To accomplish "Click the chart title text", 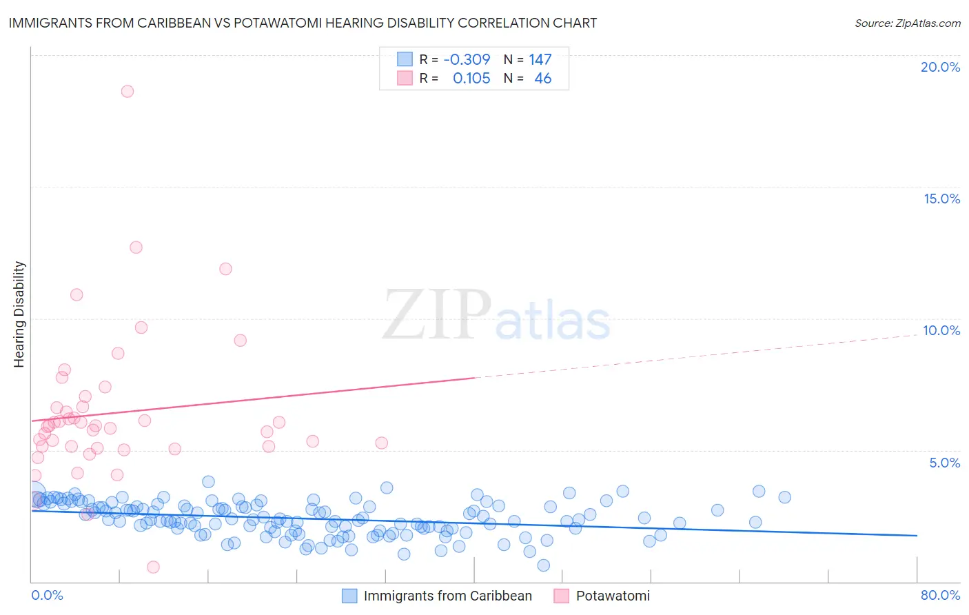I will (x=303, y=23).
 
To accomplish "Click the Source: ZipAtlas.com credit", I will (x=907, y=23).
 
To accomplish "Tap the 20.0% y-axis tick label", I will (x=940, y=67).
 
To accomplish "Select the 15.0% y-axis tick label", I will (x=941, y=199).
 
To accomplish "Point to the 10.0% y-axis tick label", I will (x=941, y=330).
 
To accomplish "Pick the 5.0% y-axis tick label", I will (x=944, y=463).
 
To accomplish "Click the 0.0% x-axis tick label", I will (x=47, y=595).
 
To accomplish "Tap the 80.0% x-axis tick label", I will (x=940, y=595).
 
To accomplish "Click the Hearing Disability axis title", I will (x=19, y=314).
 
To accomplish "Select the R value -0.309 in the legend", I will (x=467, y=59).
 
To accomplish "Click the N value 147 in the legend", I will (x=540, y=59).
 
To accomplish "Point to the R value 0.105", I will (x=471, y=79).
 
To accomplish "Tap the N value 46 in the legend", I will (x=542, y=79).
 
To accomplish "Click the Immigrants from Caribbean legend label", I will (x=448, y=596).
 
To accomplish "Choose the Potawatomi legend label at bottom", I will (x=613, y=596).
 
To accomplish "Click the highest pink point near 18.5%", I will (x=127, y=91).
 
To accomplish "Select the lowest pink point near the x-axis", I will (x=153, y=567).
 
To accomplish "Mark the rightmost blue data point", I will (x=784, y=497).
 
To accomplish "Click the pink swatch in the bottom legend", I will (x=561, y=596).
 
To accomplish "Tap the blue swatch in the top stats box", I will (x=405, y=59).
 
